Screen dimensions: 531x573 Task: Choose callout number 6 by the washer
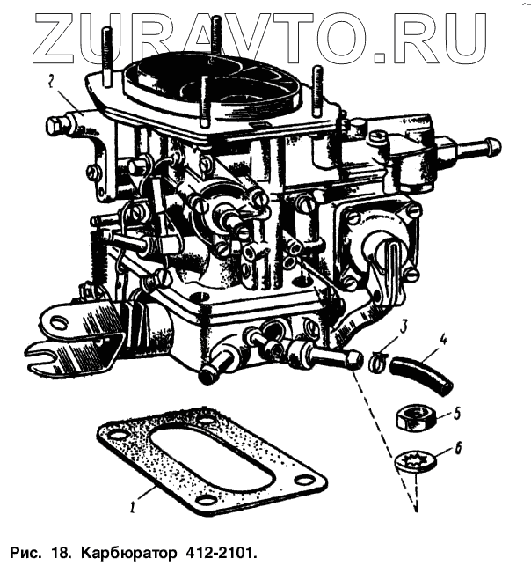tap(456, 451)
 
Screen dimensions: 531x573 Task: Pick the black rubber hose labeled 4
tap(424, 369)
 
